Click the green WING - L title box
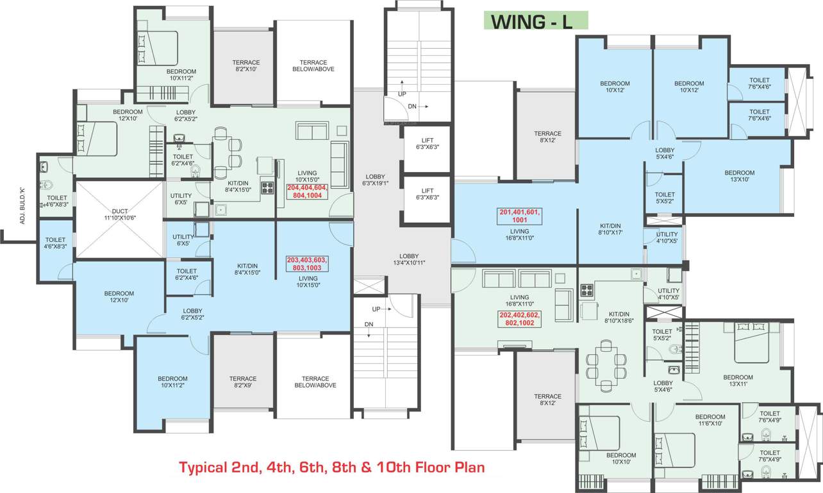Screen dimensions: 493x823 pyautogui.click(x=535, y=21)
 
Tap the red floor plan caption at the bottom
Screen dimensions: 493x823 pyautogui.click(x=331, y=467)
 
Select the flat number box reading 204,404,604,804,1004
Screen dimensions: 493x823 pyautogui.click(x=308, y=191)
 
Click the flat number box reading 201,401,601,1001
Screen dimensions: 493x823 pyautogui.click(x=520, y=215)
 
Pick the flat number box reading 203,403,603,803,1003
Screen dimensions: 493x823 pyautogui.click(x=306, y=263)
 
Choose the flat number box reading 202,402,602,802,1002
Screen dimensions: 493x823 pyautogui.click(x=520, y=319)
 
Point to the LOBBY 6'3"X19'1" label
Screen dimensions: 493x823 pyautogui.click(x=375, y=180)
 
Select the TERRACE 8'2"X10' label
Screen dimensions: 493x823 pyautogui.click(x=245, y=65)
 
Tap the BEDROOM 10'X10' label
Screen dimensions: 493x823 pyautogui.click(x=620, y=458)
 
